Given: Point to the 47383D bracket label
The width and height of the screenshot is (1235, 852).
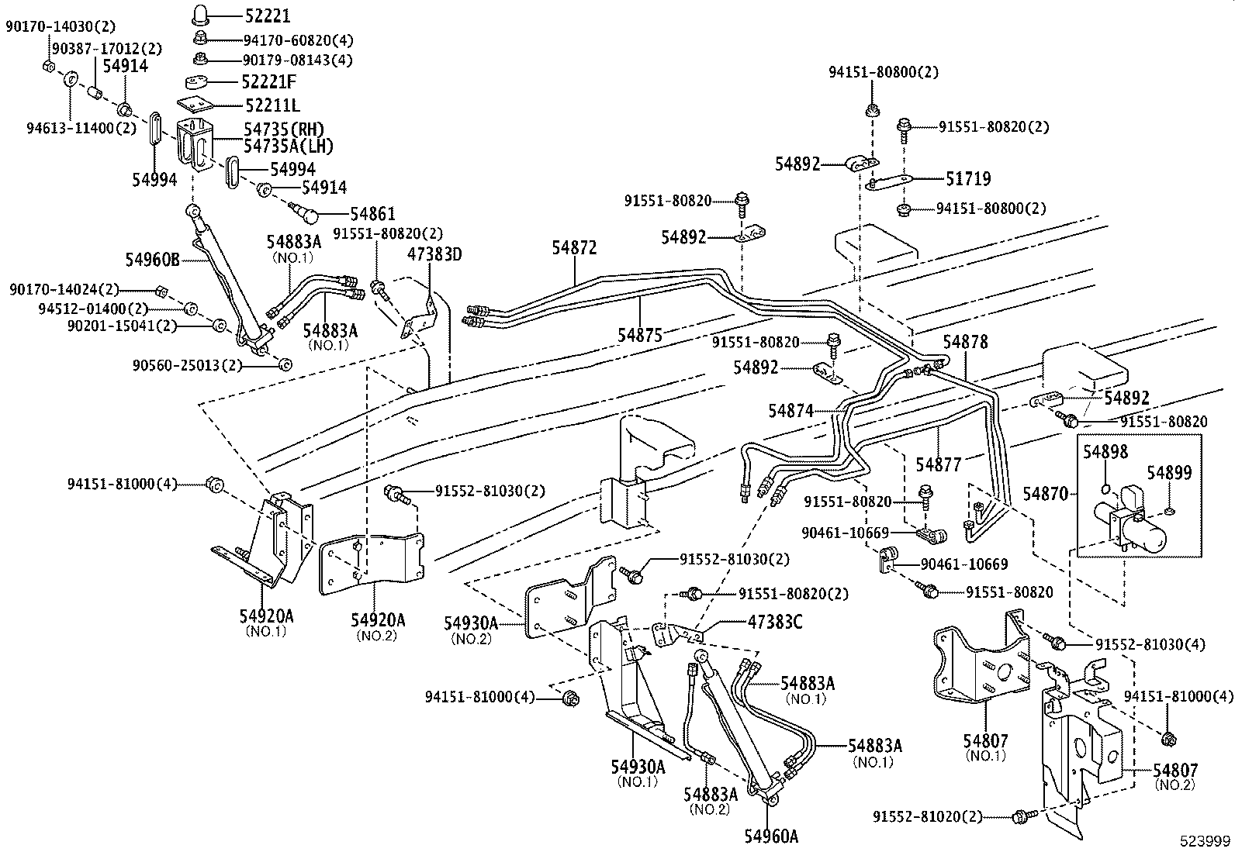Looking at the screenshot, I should pyautogui.click(x=434, y=254).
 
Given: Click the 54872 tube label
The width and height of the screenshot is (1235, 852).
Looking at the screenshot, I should pyautogui.click(x=574, y=247).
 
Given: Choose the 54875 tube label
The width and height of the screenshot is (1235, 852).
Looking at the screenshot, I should pyautogui.click(x=640, y=335).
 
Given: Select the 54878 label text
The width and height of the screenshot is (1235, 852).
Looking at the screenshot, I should pyautogui.click(x=965, y=342).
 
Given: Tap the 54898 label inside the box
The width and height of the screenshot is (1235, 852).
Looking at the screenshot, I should pyautogui.click(x=1105, y=451).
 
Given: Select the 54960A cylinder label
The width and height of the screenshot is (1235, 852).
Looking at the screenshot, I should pyautogui.click(x=771, y=836).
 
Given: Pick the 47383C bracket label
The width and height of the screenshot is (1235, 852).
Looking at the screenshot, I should pyautogui.click(x=774, y=622).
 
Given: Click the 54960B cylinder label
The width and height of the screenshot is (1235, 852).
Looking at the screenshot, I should pyautogui.click(x=152, y=259).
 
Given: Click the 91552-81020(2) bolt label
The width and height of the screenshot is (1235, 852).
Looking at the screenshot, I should pyautogui.click(x=927, y=816).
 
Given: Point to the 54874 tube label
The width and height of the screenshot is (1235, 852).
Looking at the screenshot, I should pyautogui.click(x=791, y=411).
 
